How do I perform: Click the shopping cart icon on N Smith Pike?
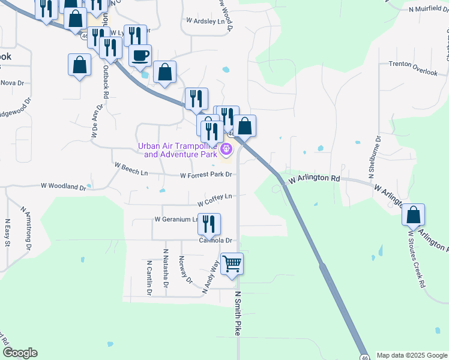point(232,264)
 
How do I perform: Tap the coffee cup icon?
point(140,56)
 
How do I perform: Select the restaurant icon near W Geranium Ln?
point(209,224)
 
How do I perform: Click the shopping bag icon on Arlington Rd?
point(413,215)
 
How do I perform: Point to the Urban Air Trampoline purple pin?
point(226,149)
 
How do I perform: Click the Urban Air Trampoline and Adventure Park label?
point(177,150)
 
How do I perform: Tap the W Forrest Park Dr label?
point(206,175)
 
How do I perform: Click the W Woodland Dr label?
point(64,187)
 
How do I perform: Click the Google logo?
point(20,353)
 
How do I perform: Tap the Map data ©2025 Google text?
point(411,355)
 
